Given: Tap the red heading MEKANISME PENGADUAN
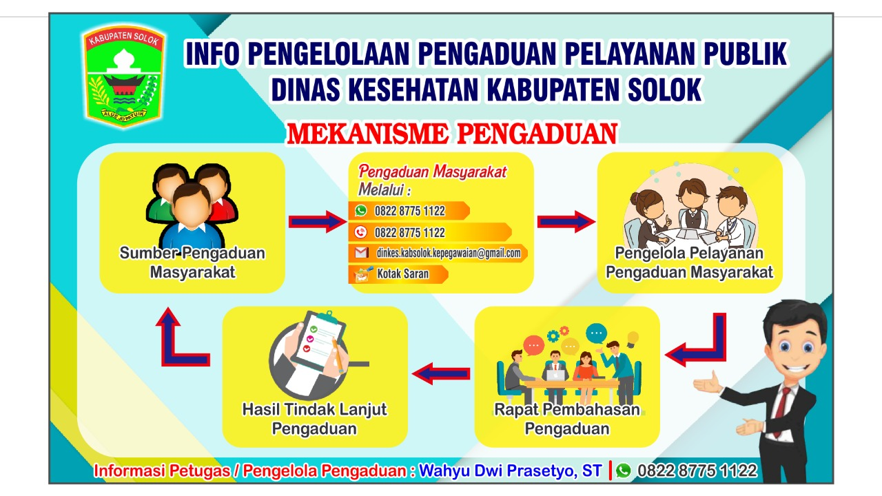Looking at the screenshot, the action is pos(452,134).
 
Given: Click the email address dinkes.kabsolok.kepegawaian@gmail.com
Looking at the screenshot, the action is pos(449,253).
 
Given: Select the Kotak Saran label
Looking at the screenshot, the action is pos(403,273).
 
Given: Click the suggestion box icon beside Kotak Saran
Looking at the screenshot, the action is pos(362,274).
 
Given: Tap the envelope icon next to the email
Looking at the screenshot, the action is pos(362,253).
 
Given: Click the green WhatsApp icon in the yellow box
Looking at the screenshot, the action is pos(360,211).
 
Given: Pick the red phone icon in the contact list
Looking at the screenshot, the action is pos(360,232).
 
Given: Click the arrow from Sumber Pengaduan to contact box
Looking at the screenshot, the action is pos(318,222).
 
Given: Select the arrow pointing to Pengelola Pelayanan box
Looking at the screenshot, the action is pos(566,222).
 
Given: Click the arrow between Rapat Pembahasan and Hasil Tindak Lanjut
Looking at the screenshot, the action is pos(441,373).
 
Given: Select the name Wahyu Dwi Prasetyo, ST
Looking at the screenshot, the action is pos(511,471).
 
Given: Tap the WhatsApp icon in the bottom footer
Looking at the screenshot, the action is pos(624,471).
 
